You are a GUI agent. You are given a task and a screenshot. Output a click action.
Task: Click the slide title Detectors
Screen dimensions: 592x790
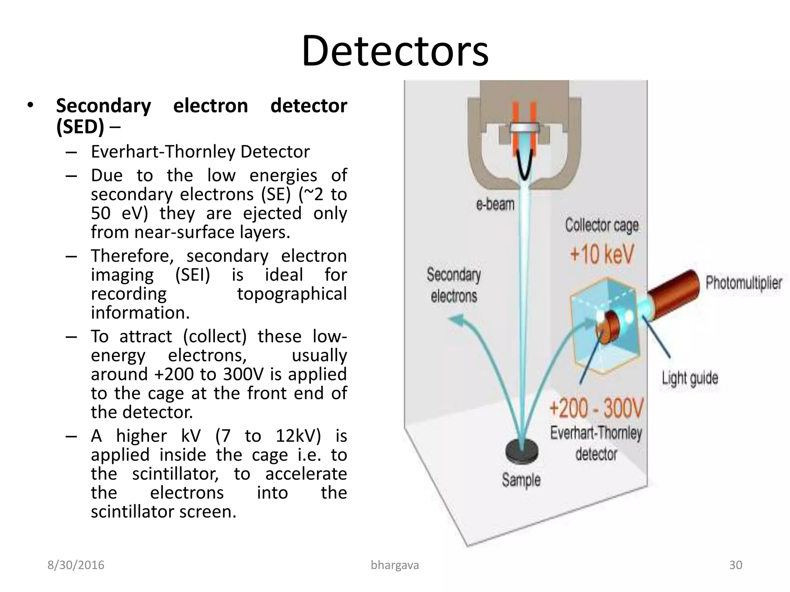pos(395,51)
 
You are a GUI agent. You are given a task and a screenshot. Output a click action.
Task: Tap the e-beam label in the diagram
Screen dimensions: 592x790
pos(495,204)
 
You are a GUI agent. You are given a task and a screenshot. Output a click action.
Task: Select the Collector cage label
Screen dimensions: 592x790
pos(602,225)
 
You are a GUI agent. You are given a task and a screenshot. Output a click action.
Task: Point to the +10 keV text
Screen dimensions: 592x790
pos(602,254)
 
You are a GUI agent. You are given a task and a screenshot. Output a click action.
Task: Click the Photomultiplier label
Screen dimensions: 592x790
pos(744,283)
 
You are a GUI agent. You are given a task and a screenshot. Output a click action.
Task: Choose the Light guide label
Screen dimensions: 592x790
pos(690,378)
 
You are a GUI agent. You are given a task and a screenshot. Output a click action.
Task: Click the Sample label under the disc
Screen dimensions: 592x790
pos(521,480)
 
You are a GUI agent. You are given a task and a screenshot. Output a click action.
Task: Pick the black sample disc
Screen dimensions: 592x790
pos(522,451)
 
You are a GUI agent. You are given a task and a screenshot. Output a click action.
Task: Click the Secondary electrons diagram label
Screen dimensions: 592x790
pos(454,285)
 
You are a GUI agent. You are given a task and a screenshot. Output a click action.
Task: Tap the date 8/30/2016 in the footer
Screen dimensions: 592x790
pos(76,565)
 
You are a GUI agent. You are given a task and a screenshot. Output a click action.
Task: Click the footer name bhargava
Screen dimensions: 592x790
pos(395,565)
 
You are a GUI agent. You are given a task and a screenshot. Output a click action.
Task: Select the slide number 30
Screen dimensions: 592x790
pos(736,565)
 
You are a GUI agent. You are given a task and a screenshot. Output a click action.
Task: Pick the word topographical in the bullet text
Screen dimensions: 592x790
pos(292,294)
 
